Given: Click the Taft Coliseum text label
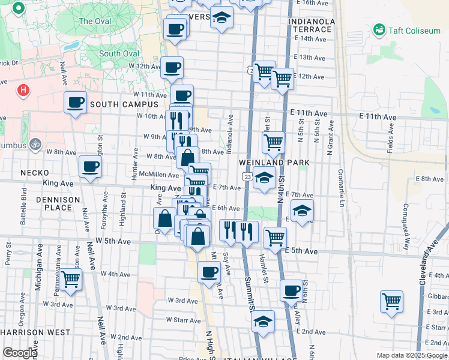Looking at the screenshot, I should pos(414,31).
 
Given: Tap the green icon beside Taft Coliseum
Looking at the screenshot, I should pos(379,29).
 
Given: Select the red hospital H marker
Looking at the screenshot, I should pos(23,91).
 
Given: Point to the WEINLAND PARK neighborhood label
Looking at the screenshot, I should pos(274,163).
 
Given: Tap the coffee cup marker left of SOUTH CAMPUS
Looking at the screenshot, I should pos(76,103).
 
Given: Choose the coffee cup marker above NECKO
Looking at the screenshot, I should pos(90,166).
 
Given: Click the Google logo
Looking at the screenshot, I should pos(20,353).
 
